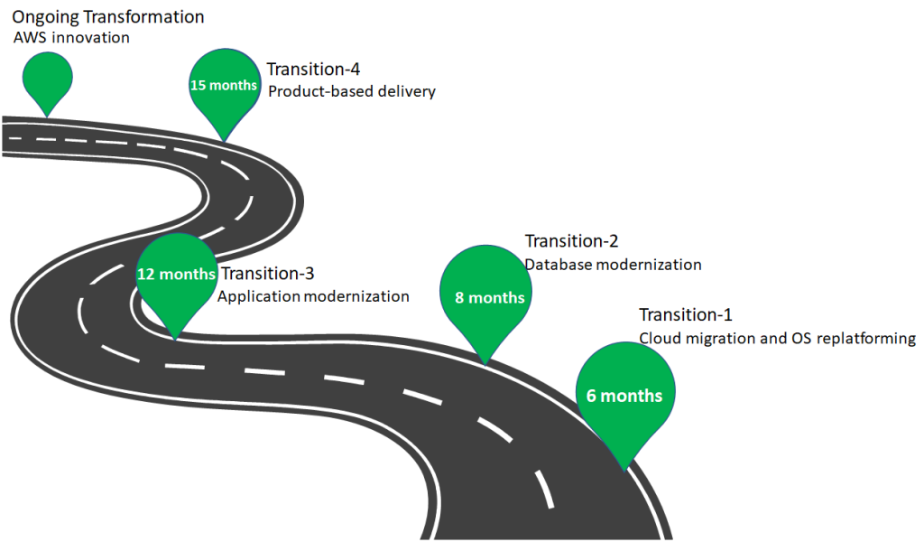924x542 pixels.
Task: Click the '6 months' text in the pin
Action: [624, 396]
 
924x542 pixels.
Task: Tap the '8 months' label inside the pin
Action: [489, 297]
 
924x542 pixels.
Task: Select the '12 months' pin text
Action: [176, 274]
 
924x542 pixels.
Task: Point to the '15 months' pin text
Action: [223, 85]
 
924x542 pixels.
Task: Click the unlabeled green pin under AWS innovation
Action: [47, 77]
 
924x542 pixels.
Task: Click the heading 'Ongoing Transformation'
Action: [107, 16]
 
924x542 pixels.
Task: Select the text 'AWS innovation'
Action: [70, 38]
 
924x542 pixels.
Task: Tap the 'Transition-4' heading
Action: [306, 69]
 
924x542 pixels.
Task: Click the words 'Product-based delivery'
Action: [352, 91]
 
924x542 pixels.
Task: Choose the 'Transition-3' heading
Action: [267, 273]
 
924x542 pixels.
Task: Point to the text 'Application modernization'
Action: [313, 295]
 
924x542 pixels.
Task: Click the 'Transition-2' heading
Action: [571, 241]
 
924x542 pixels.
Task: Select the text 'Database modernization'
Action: [613, 265]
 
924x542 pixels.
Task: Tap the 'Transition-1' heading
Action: [686, 314]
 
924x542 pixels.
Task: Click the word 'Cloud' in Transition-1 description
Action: [659, 339]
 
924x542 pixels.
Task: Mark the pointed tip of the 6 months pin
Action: [623, 470]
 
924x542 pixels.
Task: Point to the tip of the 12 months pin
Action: [172, 339]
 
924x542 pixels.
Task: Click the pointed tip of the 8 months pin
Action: [485, 365]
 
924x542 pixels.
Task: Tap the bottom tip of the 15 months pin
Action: [224, 141]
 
